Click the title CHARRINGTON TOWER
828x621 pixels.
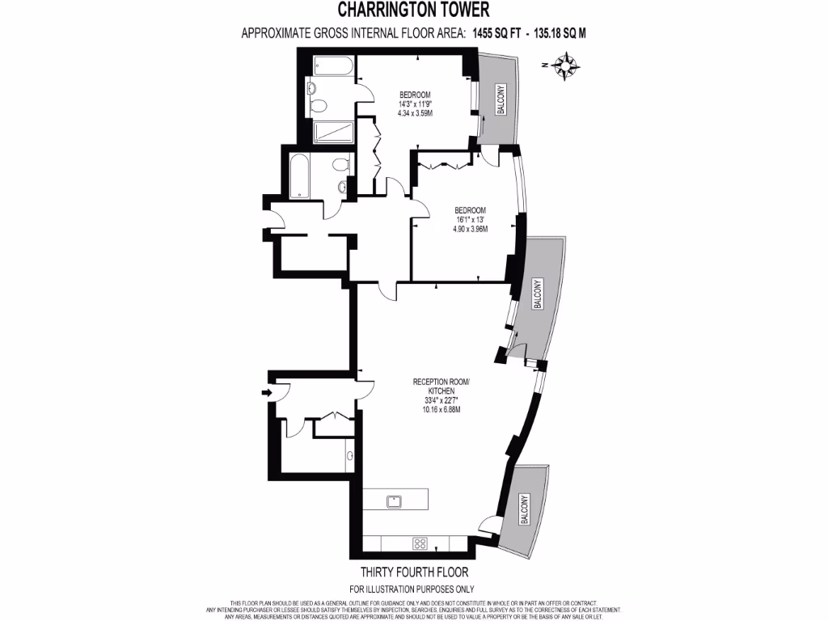413,10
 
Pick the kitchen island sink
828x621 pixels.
395,500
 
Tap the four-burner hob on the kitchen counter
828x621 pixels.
420,543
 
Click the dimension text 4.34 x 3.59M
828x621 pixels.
416,114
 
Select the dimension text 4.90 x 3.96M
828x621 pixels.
471,229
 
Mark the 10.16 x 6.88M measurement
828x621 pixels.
441,410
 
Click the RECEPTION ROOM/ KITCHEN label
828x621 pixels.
441,386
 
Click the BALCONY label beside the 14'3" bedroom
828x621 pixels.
501,99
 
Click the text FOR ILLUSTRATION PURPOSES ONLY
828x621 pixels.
412,589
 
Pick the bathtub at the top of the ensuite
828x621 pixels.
332,65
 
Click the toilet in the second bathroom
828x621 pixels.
340,164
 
